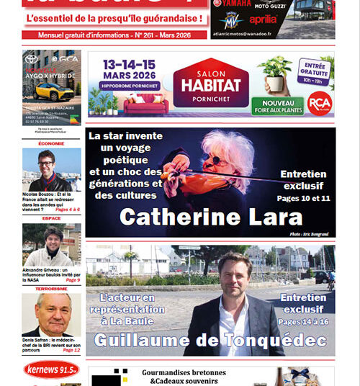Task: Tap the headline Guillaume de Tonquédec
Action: (211, 339)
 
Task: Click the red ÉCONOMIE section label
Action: (51, 143)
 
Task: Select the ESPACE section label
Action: (51, 217)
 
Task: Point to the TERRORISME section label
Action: (51, 288)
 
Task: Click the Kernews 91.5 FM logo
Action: (51, 370)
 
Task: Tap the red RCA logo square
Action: (319, 103)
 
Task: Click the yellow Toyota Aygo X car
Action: (52, 91)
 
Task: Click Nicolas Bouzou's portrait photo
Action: (51, 170)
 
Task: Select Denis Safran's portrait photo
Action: (51, 315)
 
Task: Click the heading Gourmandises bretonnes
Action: (184, 373)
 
